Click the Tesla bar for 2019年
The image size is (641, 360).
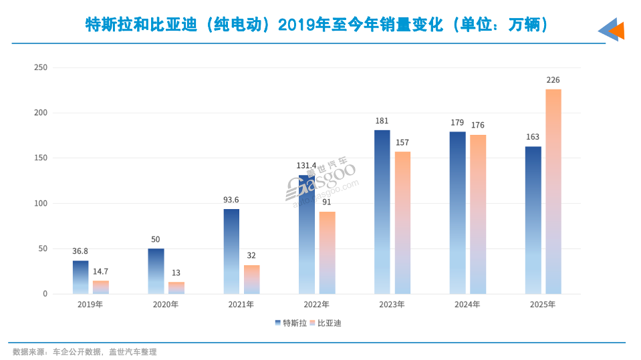80,277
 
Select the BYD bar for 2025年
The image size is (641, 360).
553,192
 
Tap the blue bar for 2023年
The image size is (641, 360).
382,212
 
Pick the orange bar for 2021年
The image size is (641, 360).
251,280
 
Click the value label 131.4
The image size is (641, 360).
306,166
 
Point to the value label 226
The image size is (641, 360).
553,80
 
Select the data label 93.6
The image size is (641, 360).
231,200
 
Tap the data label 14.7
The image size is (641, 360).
101,271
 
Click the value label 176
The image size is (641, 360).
478,125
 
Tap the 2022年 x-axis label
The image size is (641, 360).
316,305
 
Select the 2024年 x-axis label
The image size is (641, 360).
467,305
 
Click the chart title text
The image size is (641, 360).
317,25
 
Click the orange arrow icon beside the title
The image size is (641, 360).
616,30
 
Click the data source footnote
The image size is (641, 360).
84,352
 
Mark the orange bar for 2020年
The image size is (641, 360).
176,288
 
